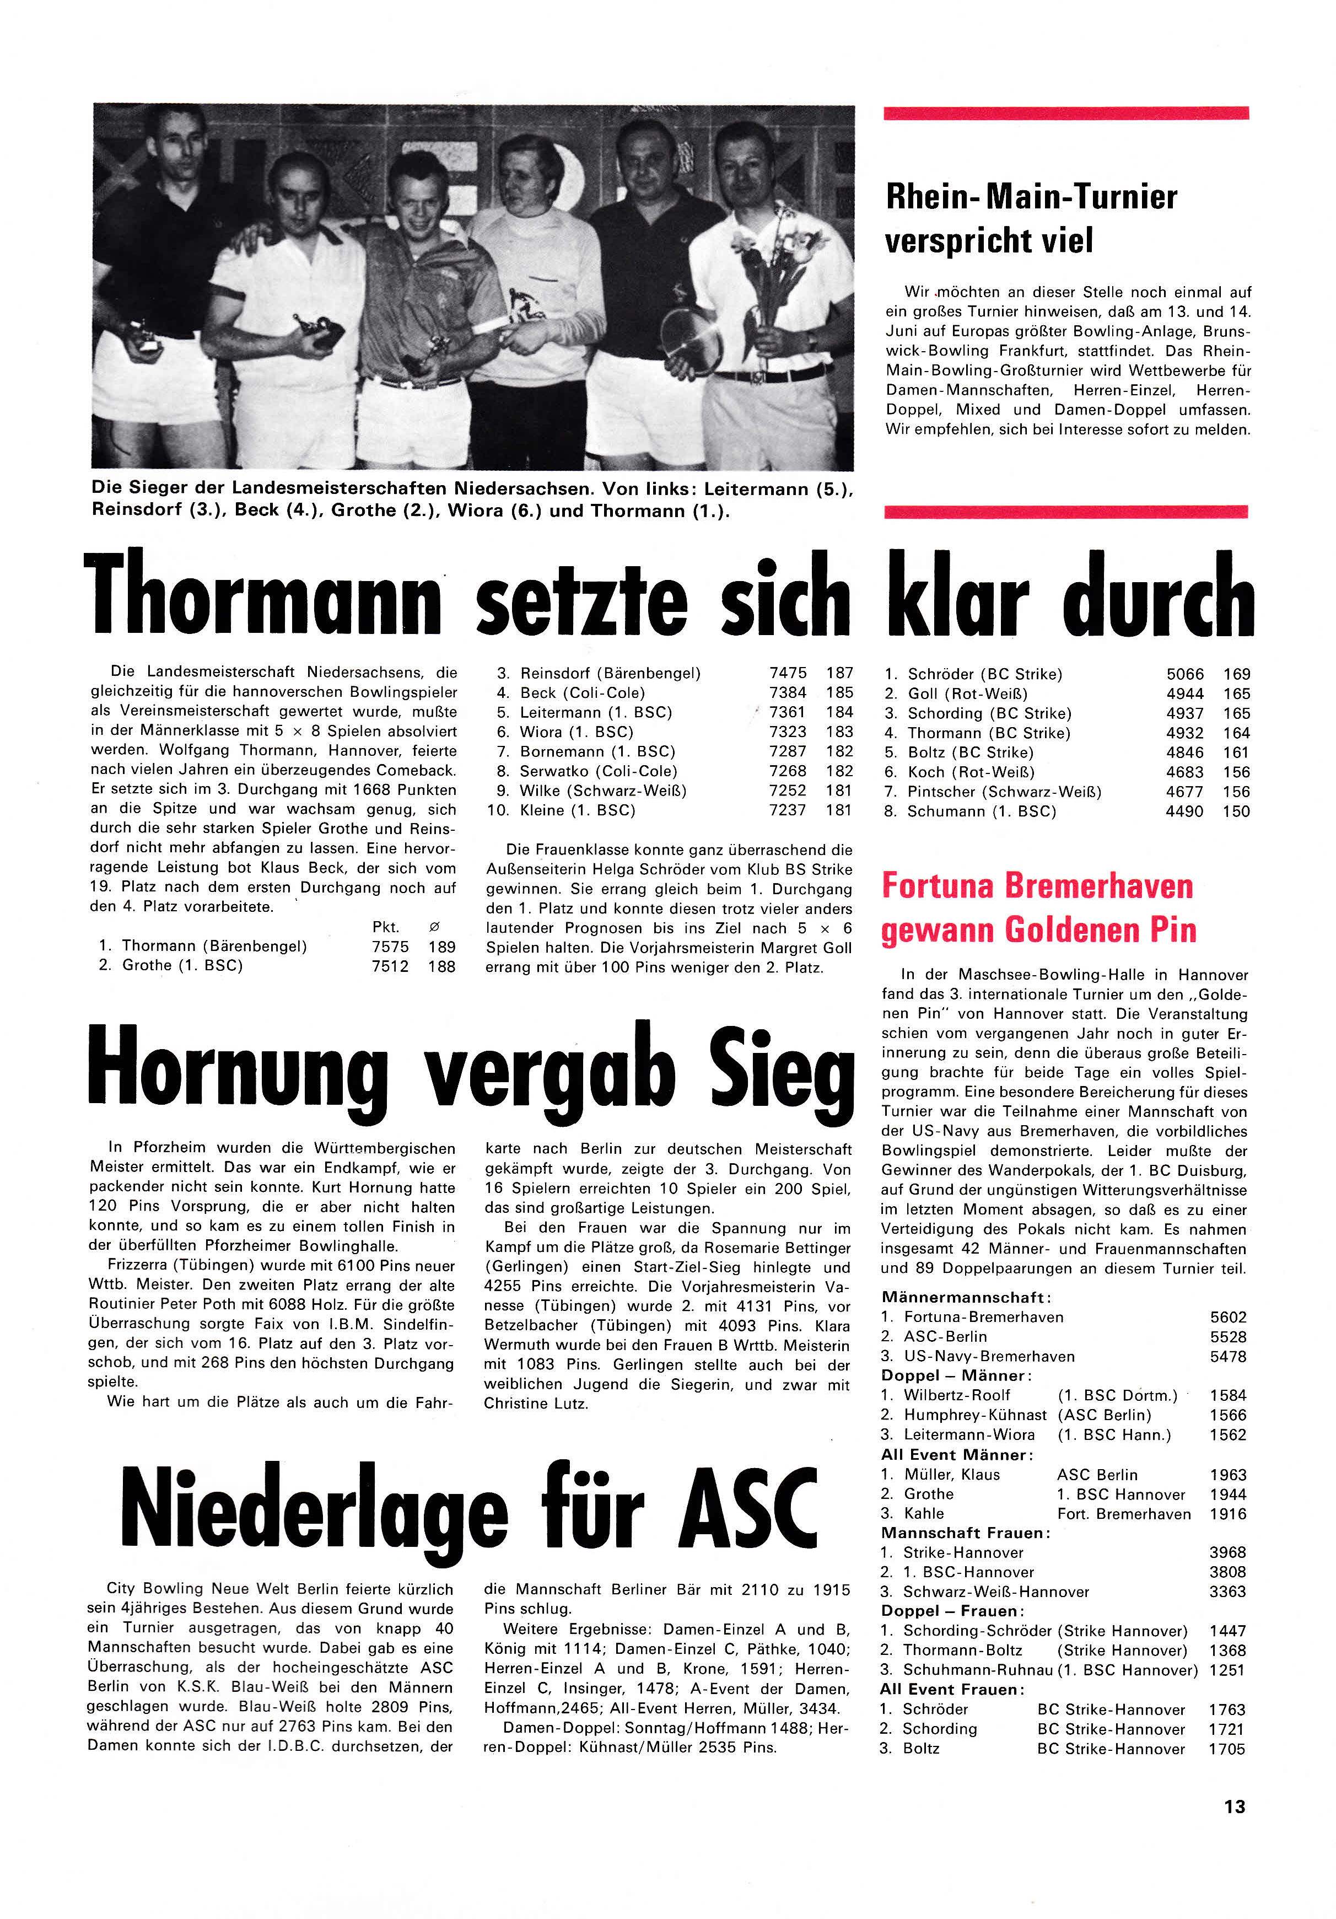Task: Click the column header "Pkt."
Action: coord(385,927)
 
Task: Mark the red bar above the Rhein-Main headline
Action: coord(1065,113)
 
